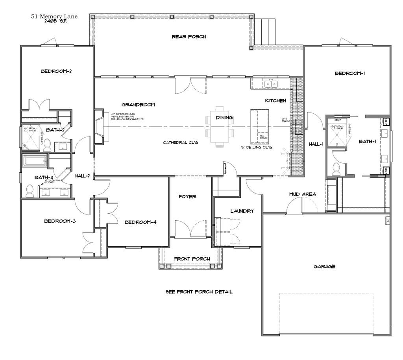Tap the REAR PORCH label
[x=189, y=37]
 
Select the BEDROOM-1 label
[x=349, y=73]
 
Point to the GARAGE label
[x=324, y=266]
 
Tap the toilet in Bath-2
[x=47, y=145]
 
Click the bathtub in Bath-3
[x=35, y=161]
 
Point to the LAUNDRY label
[x=242, y=211]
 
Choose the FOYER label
[x=187, y=197]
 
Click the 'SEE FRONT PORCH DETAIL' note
[x=199, y=292]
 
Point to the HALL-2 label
[x=83, y=176]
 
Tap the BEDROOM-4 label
[x=140, y=222]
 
